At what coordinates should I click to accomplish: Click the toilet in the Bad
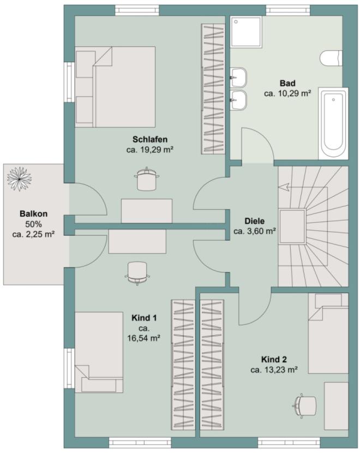click(331, 58)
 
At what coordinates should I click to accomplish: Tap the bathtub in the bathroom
click(333, 123)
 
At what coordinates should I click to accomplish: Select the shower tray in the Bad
click(246, 32)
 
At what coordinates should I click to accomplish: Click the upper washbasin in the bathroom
click(238, 78)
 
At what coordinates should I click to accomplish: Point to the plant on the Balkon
click(19, 179)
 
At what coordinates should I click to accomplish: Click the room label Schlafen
click(150, 139)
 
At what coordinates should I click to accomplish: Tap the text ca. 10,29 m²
click(287, 93)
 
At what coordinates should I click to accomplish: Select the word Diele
click(254, 221)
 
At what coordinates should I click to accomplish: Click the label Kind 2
click(274, 359)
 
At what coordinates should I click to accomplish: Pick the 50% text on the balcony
click(33, 224)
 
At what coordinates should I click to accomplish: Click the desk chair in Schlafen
click(147, 179)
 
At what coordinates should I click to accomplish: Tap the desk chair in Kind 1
click(137, 273)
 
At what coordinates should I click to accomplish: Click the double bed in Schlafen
click(115, 87)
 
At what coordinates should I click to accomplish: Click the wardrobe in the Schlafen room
click(213, 89)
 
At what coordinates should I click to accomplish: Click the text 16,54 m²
click(144, 338)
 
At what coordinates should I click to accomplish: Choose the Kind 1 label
click(144, 318)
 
